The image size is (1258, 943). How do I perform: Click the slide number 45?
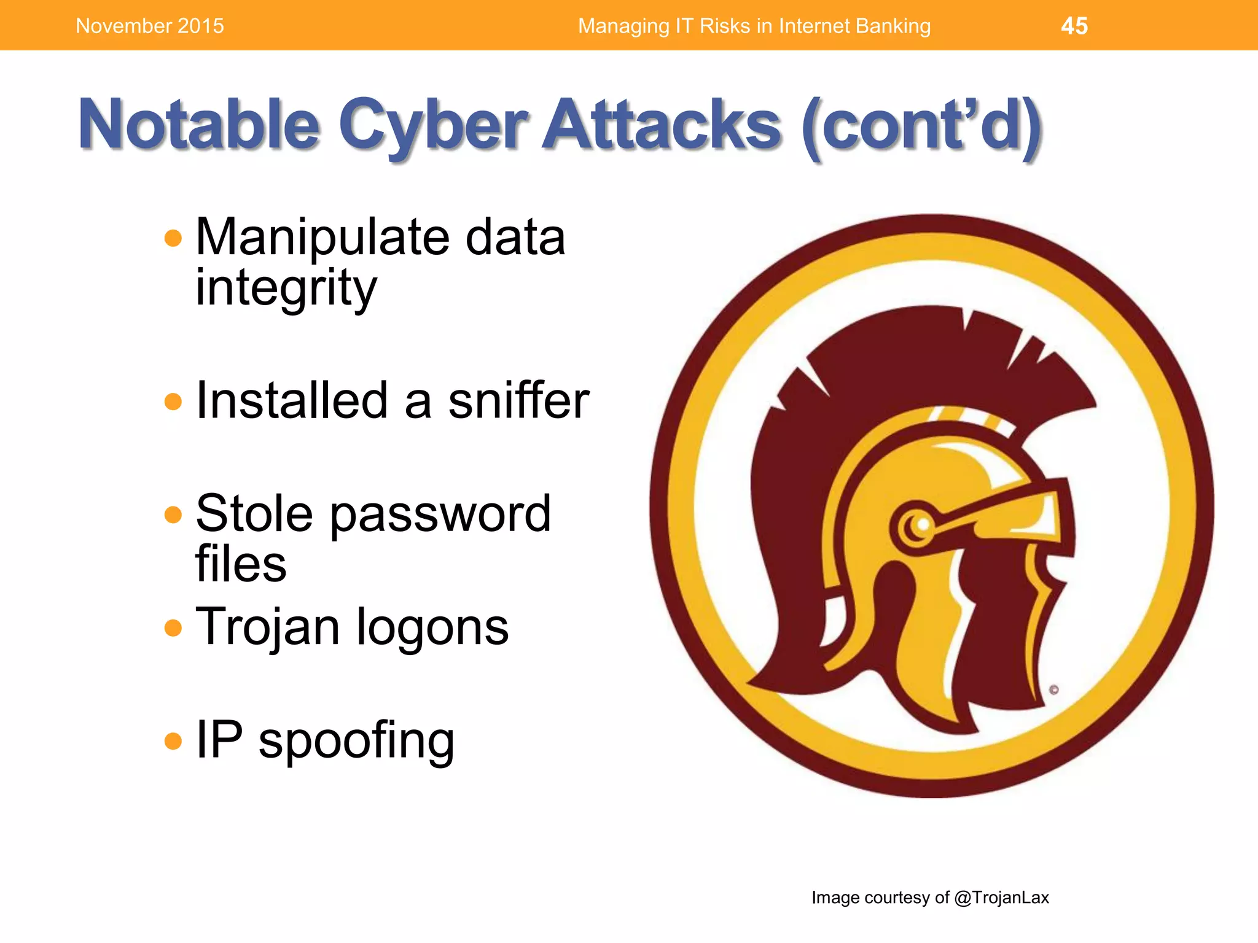click(x=1074, y=26)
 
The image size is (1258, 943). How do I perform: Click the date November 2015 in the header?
click(x=150, y=26)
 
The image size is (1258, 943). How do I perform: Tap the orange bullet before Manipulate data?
click(x=173, y=238)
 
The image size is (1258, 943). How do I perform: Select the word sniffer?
click(x=518, y=400)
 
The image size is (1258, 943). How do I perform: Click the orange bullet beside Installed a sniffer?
click(x=173, y=402)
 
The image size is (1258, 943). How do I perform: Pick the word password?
click(x=440, y=514)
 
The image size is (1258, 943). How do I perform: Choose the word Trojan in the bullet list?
click(x=267, y=626)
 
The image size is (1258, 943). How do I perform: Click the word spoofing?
click(x=356, y=740)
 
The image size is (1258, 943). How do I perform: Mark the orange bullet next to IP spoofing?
click(x=173, y=741)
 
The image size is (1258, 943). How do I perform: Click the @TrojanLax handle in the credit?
click(x=1001, y=898)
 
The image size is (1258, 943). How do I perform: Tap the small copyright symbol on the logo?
click(x=1053, y=689)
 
